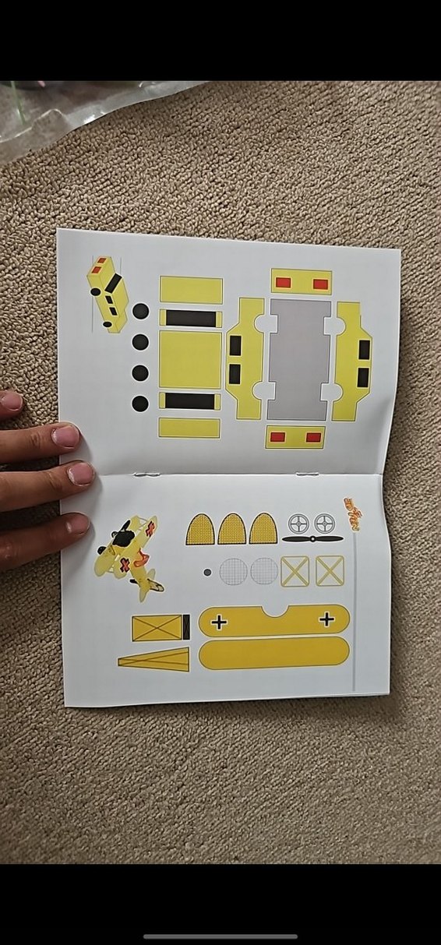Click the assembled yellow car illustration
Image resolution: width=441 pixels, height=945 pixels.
[x=108, y=294]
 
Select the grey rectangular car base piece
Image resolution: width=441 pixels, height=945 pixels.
[x=299, y=359]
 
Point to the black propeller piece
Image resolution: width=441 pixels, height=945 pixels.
[x=312, y=538]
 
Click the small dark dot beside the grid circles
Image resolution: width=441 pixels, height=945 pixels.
[x=206, y=572]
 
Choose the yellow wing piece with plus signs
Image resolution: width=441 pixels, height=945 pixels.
[x=273, y=620]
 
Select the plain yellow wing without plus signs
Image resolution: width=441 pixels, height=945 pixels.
[x=273, y=654]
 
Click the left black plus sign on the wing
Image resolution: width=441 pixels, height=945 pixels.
[x=219, y=621]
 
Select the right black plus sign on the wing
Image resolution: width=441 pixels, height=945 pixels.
[x=326, y=619]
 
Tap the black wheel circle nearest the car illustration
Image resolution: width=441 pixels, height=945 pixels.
[x=140, y=311]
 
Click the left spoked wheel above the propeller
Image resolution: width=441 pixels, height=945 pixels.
[x=299, y=523]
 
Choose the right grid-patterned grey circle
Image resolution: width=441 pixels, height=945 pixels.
[x=264, y=571]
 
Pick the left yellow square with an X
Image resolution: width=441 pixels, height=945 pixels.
[x=295, y=571]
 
